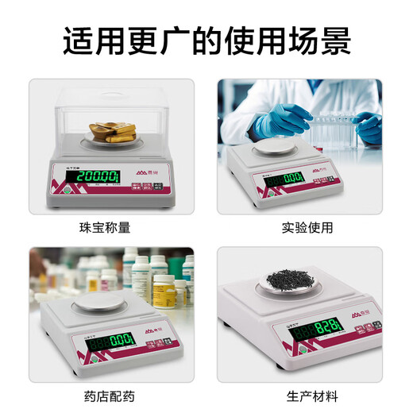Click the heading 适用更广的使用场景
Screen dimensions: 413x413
point(206,39)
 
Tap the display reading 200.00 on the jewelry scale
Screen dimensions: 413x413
point(92,176)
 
